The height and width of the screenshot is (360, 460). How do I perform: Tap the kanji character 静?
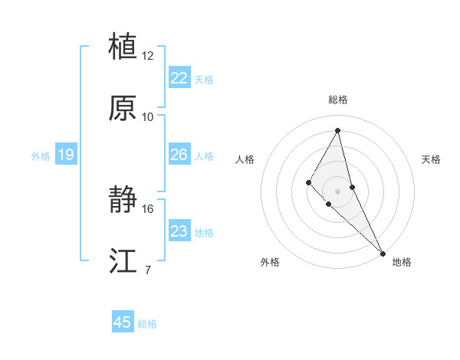(x=123, y=201)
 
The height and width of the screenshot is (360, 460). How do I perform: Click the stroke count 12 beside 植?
(x=148, y=56)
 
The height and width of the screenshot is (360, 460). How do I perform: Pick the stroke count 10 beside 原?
(x=148, y=117)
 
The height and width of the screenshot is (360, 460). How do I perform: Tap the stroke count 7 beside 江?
(x=148, y=270)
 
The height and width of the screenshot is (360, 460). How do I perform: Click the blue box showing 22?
(x=179, y=78)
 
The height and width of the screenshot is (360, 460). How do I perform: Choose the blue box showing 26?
(x=179, y=155)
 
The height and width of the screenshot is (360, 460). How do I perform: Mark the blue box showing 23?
(x=179, y=231)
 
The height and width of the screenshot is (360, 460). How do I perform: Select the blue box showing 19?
(x=66, y=155)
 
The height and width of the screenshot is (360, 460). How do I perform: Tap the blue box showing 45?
(x=123, y=322)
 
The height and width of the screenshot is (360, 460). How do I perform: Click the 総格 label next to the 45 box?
(x=147, y=324)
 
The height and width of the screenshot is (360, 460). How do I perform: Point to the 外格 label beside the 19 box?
(x=41, y=156)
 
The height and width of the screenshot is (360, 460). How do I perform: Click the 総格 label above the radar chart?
(x=337, y=100)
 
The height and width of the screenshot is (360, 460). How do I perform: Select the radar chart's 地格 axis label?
(x=402, y=262)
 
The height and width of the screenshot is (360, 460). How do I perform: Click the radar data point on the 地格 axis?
(x=383, y=253)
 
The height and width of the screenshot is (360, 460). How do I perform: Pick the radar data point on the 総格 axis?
(x=337, y=130)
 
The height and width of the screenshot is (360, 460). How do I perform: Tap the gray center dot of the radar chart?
(x=337, y=191)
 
